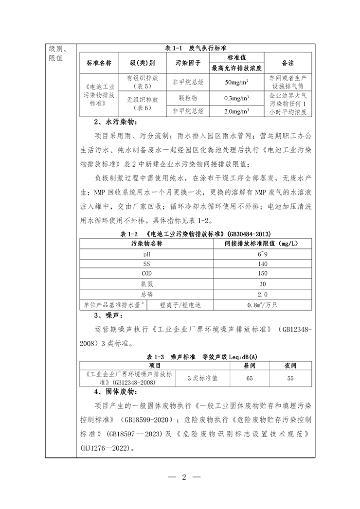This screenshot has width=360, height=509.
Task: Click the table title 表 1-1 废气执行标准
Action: point(195,49)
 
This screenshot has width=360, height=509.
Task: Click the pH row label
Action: point(146,254)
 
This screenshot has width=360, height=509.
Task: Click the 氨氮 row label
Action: point(146,283)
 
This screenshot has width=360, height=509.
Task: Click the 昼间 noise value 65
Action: point(250,377)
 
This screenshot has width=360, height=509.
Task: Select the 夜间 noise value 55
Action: point(290,377)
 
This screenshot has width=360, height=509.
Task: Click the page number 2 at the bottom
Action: point(184,477)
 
